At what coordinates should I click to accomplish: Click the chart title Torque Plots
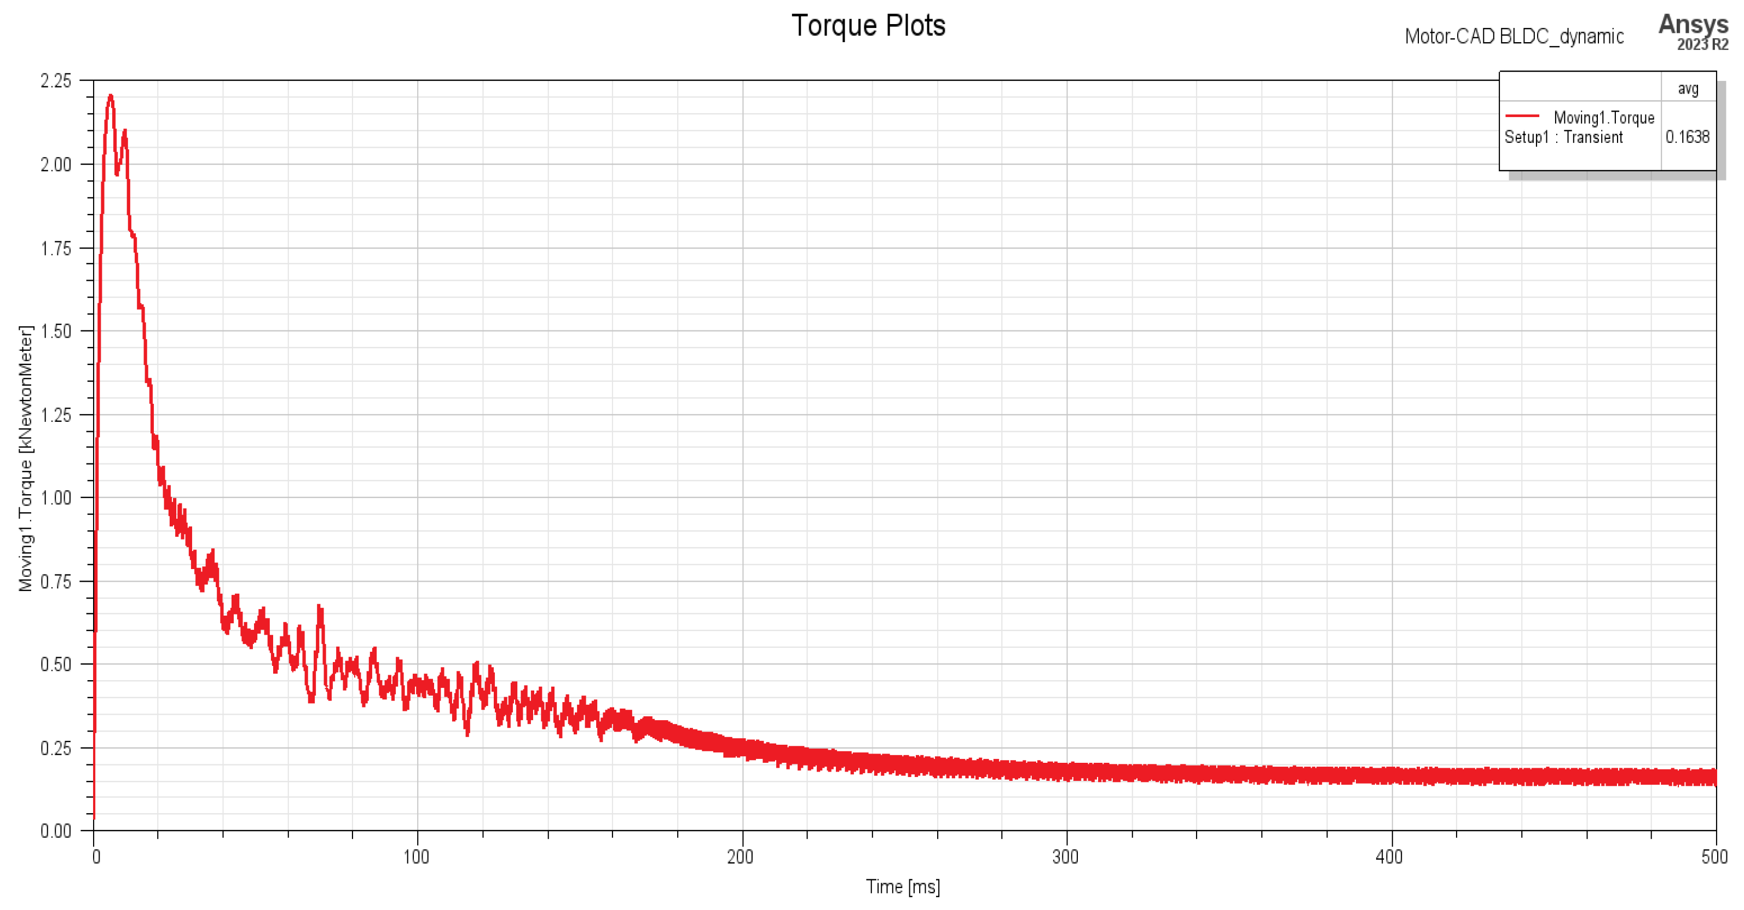(x=868, y=26)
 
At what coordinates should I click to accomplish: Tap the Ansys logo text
(x=1693, y=24)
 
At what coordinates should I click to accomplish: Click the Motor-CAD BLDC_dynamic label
(x=1514, y=36)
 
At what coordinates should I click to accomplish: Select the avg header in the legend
(x=1688, y=89)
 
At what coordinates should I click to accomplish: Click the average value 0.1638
(x=1687, y=137)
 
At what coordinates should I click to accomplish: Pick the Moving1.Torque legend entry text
(x=1603, y=118)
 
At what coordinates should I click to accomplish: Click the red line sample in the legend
(x=1522, y=115)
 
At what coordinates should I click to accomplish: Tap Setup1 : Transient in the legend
(x=1563, y=137)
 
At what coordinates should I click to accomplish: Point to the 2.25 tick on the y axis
(x=55, y=81)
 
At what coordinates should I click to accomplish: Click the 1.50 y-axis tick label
(x=55, y=332)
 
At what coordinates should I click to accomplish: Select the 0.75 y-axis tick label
(x=55, y=582)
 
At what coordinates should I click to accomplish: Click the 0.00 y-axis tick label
(x=55, y=831)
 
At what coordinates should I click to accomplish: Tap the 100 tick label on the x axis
(x=417, y=857)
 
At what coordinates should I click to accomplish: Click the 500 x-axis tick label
(x=1714, y=857)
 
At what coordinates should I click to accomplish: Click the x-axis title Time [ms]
(x=903, y=886)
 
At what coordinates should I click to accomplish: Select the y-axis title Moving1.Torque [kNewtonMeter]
(x=26, y=458)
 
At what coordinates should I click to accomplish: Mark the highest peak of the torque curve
(x=111, y=96)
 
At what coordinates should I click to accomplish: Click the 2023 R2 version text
(x=1702, y=45)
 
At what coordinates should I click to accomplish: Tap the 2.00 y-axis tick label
(x=55, y=164)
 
